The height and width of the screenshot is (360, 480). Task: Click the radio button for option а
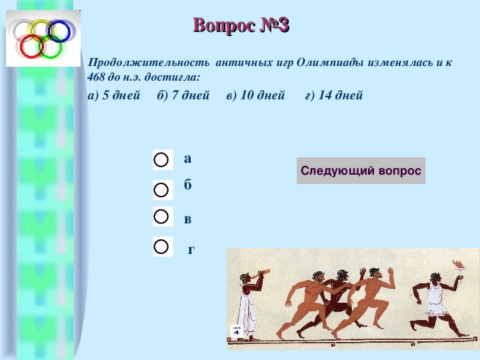pyautogui.click(x=161, y=160)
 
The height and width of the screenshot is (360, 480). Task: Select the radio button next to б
pyautogui.click(x=161, y=190)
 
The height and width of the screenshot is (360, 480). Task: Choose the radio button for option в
pyautogui.click(x=161, y=217)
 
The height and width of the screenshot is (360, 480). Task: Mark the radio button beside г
pyautogui.click(x=161, y=247)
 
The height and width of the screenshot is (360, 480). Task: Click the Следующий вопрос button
pyautogui.click(x=361, y=171)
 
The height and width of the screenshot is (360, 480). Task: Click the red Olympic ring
pyautogui.click(x=21, y=47)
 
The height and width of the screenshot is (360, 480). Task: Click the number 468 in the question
pyautogui.click(x=96, y=77)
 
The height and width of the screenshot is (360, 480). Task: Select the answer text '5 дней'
pyautogui.click(x=121, y=95)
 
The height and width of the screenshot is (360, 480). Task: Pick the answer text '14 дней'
pyautogui.click(x=341, y=95)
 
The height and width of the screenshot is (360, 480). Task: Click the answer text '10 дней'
pyautogui.click(x=263, y=95)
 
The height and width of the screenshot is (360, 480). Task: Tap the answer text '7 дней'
pyautogui.click(x=191, y=95)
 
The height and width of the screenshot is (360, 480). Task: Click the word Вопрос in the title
pyautogui.click(x=225, y=25)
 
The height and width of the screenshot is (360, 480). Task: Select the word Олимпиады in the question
pyautogui.click(x=330, y=63)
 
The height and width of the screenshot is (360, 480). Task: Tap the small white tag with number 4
pyautogui.click(x=237, y=331)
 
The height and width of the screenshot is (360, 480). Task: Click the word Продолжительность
pyautogui.click(x=149, y=63)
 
